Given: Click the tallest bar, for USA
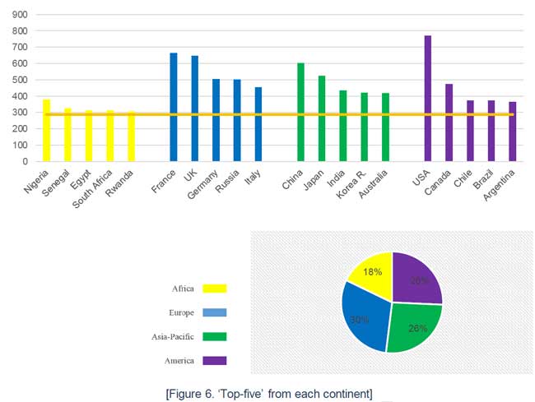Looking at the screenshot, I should coord(428,99).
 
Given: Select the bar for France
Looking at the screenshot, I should coord(174,107).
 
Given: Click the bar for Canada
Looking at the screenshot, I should coord(449,122).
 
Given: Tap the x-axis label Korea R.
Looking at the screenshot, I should coord(351,183).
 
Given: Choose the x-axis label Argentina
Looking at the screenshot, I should coord(502,187).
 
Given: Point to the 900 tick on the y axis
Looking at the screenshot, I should coord(19,15).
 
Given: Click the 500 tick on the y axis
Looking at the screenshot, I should coord(19,80).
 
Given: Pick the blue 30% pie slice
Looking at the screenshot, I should coord(363,317).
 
